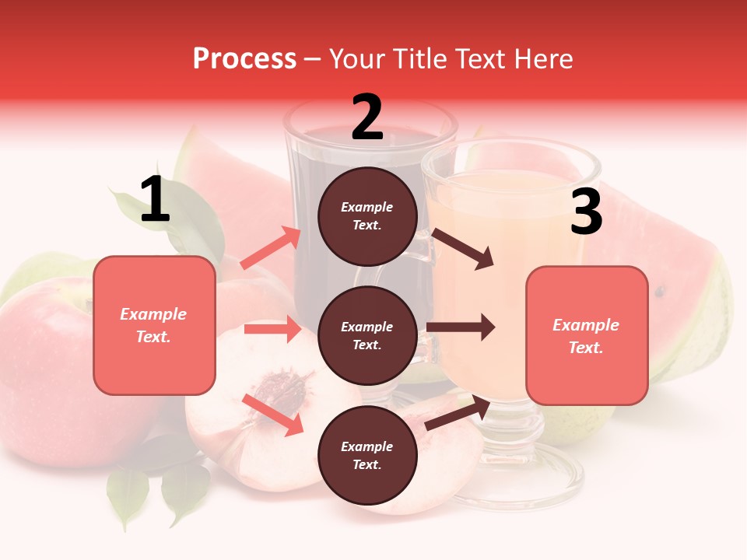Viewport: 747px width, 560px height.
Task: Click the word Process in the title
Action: click(244, 58)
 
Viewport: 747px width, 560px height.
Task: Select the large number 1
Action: click(155, 200)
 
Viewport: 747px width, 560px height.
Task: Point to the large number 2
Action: click(367, 117)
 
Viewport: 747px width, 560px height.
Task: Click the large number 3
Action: click(586, 212)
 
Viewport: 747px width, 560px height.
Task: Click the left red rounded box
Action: click(154, 325)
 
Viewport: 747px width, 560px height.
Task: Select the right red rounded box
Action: click(587, 336)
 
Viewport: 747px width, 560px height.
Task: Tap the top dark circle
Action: click(367, 216)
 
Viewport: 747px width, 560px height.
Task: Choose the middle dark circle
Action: click(367, 336)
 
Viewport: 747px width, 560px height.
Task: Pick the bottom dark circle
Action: click(367, 456)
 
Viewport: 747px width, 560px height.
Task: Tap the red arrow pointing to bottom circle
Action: click(273, 415)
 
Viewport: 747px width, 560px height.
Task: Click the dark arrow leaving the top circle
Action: click(463, 249)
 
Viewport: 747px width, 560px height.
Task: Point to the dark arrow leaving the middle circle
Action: click(461, 327)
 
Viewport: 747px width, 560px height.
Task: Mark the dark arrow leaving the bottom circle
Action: click(458, 413)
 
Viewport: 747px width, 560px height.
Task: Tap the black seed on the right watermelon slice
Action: click(660, 292)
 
